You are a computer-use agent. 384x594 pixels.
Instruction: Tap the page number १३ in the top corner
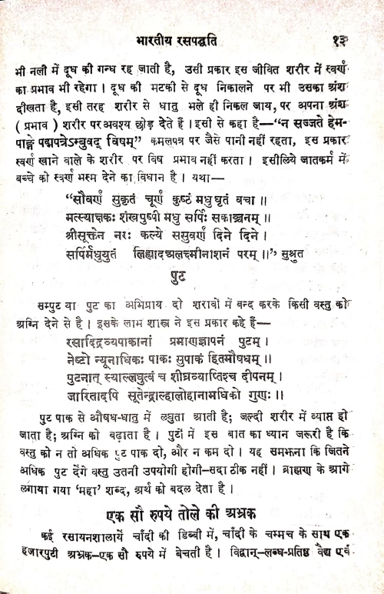click(343, 36)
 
